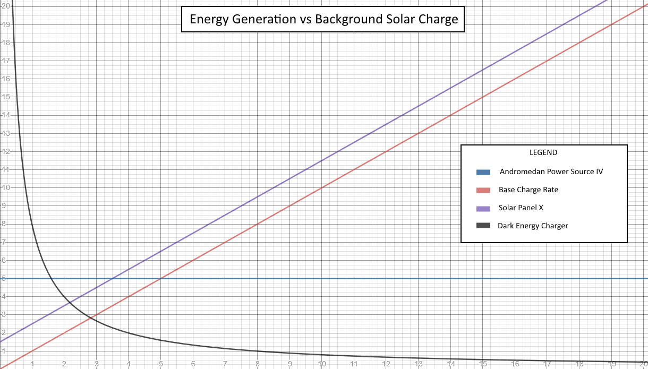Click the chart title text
coord(323,20)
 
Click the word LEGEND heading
coord(543,152)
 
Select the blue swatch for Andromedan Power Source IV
coord(483,172)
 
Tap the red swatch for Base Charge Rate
coord(483,190)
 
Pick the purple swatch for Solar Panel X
coord(483,208)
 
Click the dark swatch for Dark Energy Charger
coord(483,226)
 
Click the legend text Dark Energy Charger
coord(533,226)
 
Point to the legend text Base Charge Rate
coord(528,190)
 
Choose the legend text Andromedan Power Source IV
coord(551,171)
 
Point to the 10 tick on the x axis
coord(322,364)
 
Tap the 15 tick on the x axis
coord(483,364)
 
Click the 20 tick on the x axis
coord(643,364)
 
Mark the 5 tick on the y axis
coord(4,278)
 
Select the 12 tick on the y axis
coord(5,151)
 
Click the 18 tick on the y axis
coord(5,42)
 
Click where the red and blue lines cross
coord(161,278)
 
